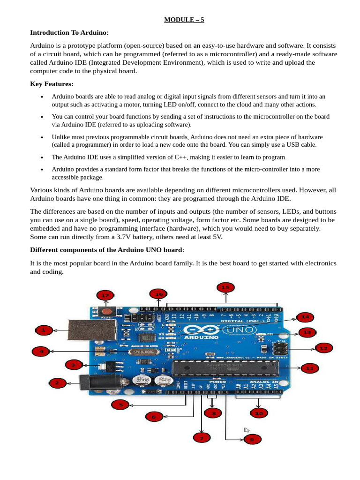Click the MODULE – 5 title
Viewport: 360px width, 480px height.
(x=184, y=20)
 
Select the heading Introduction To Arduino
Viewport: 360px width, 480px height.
(x=69, y=32)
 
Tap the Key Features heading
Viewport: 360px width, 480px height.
(x=52, y=84)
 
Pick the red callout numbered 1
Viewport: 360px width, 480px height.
(x=44, y=330)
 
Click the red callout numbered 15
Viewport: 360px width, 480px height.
(x=225, y=286)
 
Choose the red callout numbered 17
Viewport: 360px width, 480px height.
(x=105, y=295)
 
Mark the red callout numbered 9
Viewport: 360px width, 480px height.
(x=252, y=439)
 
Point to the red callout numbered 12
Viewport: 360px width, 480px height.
(x=323, y=348)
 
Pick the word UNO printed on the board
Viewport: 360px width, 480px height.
(x=243, y=330)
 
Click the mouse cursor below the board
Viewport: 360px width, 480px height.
(x=247, y=430)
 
